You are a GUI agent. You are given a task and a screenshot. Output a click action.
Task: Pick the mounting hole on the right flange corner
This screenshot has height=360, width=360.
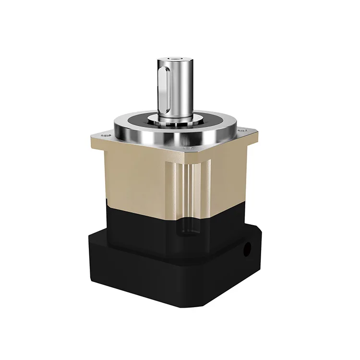click(x=240, y=130)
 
